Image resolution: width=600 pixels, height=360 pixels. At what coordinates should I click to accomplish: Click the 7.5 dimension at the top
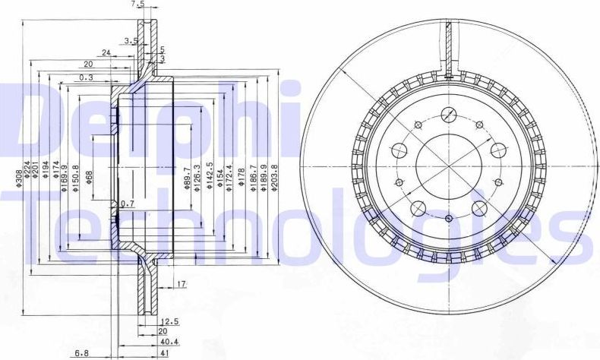coord(137,5)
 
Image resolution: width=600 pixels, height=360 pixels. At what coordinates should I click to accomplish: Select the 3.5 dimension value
coord(131,41)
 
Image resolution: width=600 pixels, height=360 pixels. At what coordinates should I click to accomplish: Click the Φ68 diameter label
coord(90,177)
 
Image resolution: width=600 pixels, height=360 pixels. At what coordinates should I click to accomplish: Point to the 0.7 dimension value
coord(128,204)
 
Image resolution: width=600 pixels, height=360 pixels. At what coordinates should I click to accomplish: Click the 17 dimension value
coord(182,284)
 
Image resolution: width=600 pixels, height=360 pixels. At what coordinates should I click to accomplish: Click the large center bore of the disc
coord(449,166)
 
